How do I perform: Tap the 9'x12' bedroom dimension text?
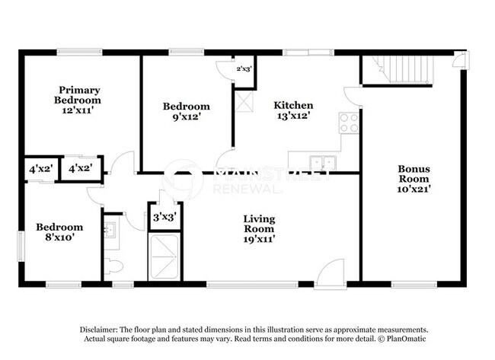tap(186, 118)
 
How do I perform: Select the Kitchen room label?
tap(293, 106)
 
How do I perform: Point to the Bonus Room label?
tap(414, 174)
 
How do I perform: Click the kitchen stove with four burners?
tap(349, 123)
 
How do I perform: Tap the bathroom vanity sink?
tap(110, 229)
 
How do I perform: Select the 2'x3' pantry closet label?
tap(244, 69)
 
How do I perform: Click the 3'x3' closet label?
tap(164, 217)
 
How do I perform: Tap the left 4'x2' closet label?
tap(40, 168)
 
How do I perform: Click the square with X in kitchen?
tap(244, 100)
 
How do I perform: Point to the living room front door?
tap(332, 274)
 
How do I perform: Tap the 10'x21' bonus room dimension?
tap(414, 189)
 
